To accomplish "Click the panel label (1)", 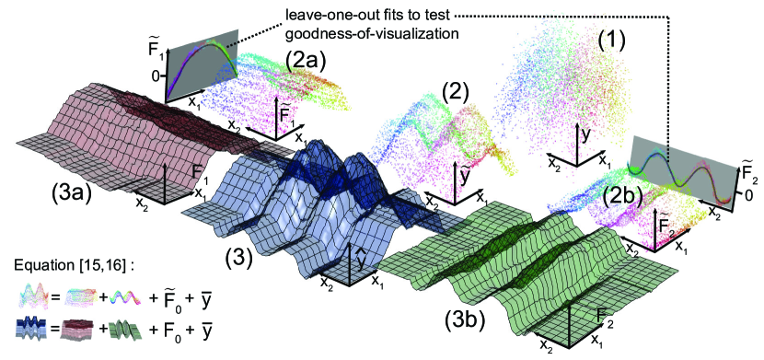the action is (x=611, y=45).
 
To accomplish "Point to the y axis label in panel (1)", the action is (x=586, y=136).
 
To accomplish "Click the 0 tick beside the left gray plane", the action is (x=156, y=76).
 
